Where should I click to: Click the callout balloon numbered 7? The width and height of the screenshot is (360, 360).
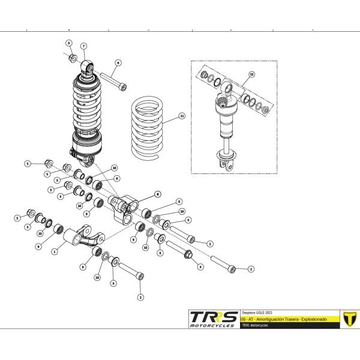[x=84, y=46]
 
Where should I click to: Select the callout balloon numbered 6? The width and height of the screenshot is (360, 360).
[x=118, y=62]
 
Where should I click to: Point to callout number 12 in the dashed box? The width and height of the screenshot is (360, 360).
[x=251, y=74]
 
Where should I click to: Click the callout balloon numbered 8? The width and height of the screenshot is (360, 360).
[x=157, y=194]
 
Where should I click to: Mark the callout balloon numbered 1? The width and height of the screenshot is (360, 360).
[x=54, y=252]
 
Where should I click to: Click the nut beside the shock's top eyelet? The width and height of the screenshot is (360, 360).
[x=72, y=58]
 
